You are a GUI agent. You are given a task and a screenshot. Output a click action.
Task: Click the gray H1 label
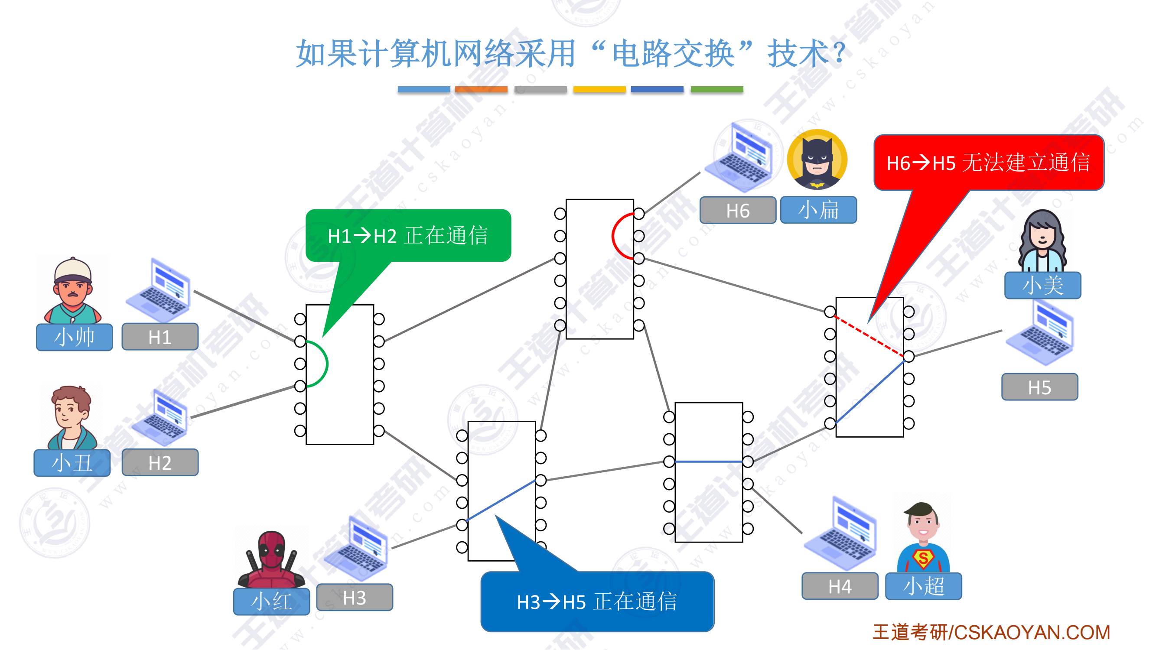(160, 337)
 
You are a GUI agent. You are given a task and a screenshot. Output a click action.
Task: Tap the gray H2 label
(160, 462)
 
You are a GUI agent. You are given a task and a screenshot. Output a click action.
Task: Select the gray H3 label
(354, 598)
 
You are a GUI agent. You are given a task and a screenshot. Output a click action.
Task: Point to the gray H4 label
(839, 586)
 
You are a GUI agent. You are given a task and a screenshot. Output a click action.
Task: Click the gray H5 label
(1039, 387)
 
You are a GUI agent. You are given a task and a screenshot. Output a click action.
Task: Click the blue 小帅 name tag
(74, 337)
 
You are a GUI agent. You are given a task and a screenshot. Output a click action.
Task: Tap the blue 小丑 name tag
(72, 462)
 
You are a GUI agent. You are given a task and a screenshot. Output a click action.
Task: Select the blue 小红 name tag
(271, 601)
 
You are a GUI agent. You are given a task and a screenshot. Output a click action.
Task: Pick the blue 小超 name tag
(923, 586)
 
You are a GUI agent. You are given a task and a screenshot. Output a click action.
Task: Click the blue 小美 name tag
(1042, 285)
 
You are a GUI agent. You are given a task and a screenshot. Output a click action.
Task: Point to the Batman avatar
(817, 159)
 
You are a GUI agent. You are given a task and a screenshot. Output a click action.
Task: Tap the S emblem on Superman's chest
(923, 559)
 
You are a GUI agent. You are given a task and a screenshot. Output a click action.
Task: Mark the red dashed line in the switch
(868, 336)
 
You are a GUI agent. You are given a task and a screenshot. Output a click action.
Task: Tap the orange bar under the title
(481, 89)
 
